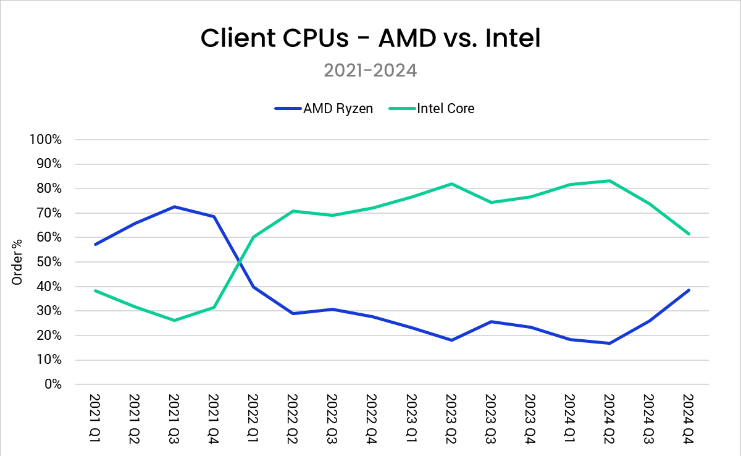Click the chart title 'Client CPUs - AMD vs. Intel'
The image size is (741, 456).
click(x=371, y=39)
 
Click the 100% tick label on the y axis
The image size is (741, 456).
click(x=46, y=140)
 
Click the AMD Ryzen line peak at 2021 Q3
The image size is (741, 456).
click(x=174, y=207)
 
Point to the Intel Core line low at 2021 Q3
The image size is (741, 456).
click(x=174, y=320)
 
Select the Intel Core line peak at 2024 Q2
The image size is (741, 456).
click(x=609, y=180)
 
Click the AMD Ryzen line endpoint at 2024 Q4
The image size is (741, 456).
click(x=689, y=290)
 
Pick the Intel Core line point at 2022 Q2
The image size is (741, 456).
click(x=293, y=211)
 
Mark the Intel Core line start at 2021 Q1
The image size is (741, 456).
click(x=95, y=290)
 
